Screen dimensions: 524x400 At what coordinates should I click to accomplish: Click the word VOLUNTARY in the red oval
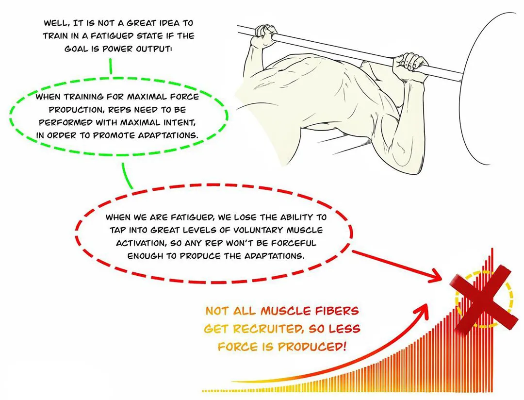[254, 230]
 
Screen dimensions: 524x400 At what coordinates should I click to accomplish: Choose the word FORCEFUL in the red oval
[295, 243]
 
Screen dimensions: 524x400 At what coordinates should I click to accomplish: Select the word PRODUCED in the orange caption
[311, 347]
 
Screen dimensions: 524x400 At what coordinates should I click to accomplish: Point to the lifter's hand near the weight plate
[409, 64]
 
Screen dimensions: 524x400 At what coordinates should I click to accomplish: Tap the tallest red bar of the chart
[492, 319]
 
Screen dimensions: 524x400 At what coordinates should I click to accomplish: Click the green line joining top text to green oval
[111, 66]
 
